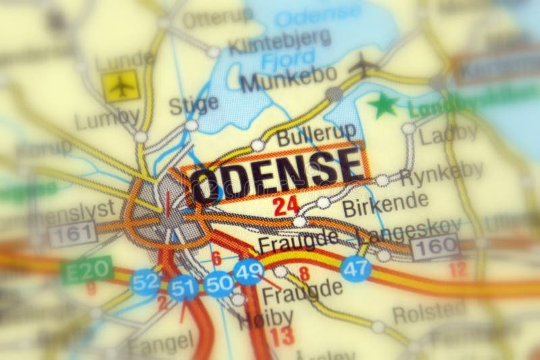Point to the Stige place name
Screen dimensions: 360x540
[194, 104]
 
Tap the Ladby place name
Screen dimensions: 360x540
[449, 134]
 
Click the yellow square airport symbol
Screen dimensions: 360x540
[121, 86]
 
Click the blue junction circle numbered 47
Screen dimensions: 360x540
[355, 268]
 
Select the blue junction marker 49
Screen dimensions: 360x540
[248, 272]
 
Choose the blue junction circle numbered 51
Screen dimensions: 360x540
[183, 287]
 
